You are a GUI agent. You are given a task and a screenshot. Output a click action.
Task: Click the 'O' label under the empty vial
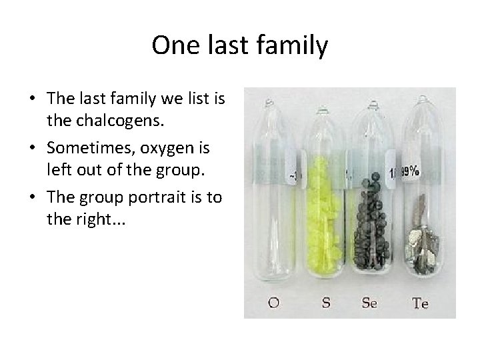pyautogui.click(x=273, y=303)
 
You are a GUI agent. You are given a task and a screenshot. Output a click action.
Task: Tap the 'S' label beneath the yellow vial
pyautogui.click(x=326, y=303)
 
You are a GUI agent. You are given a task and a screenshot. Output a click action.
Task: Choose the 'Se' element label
pyautogui.click(x=369, y=303)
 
